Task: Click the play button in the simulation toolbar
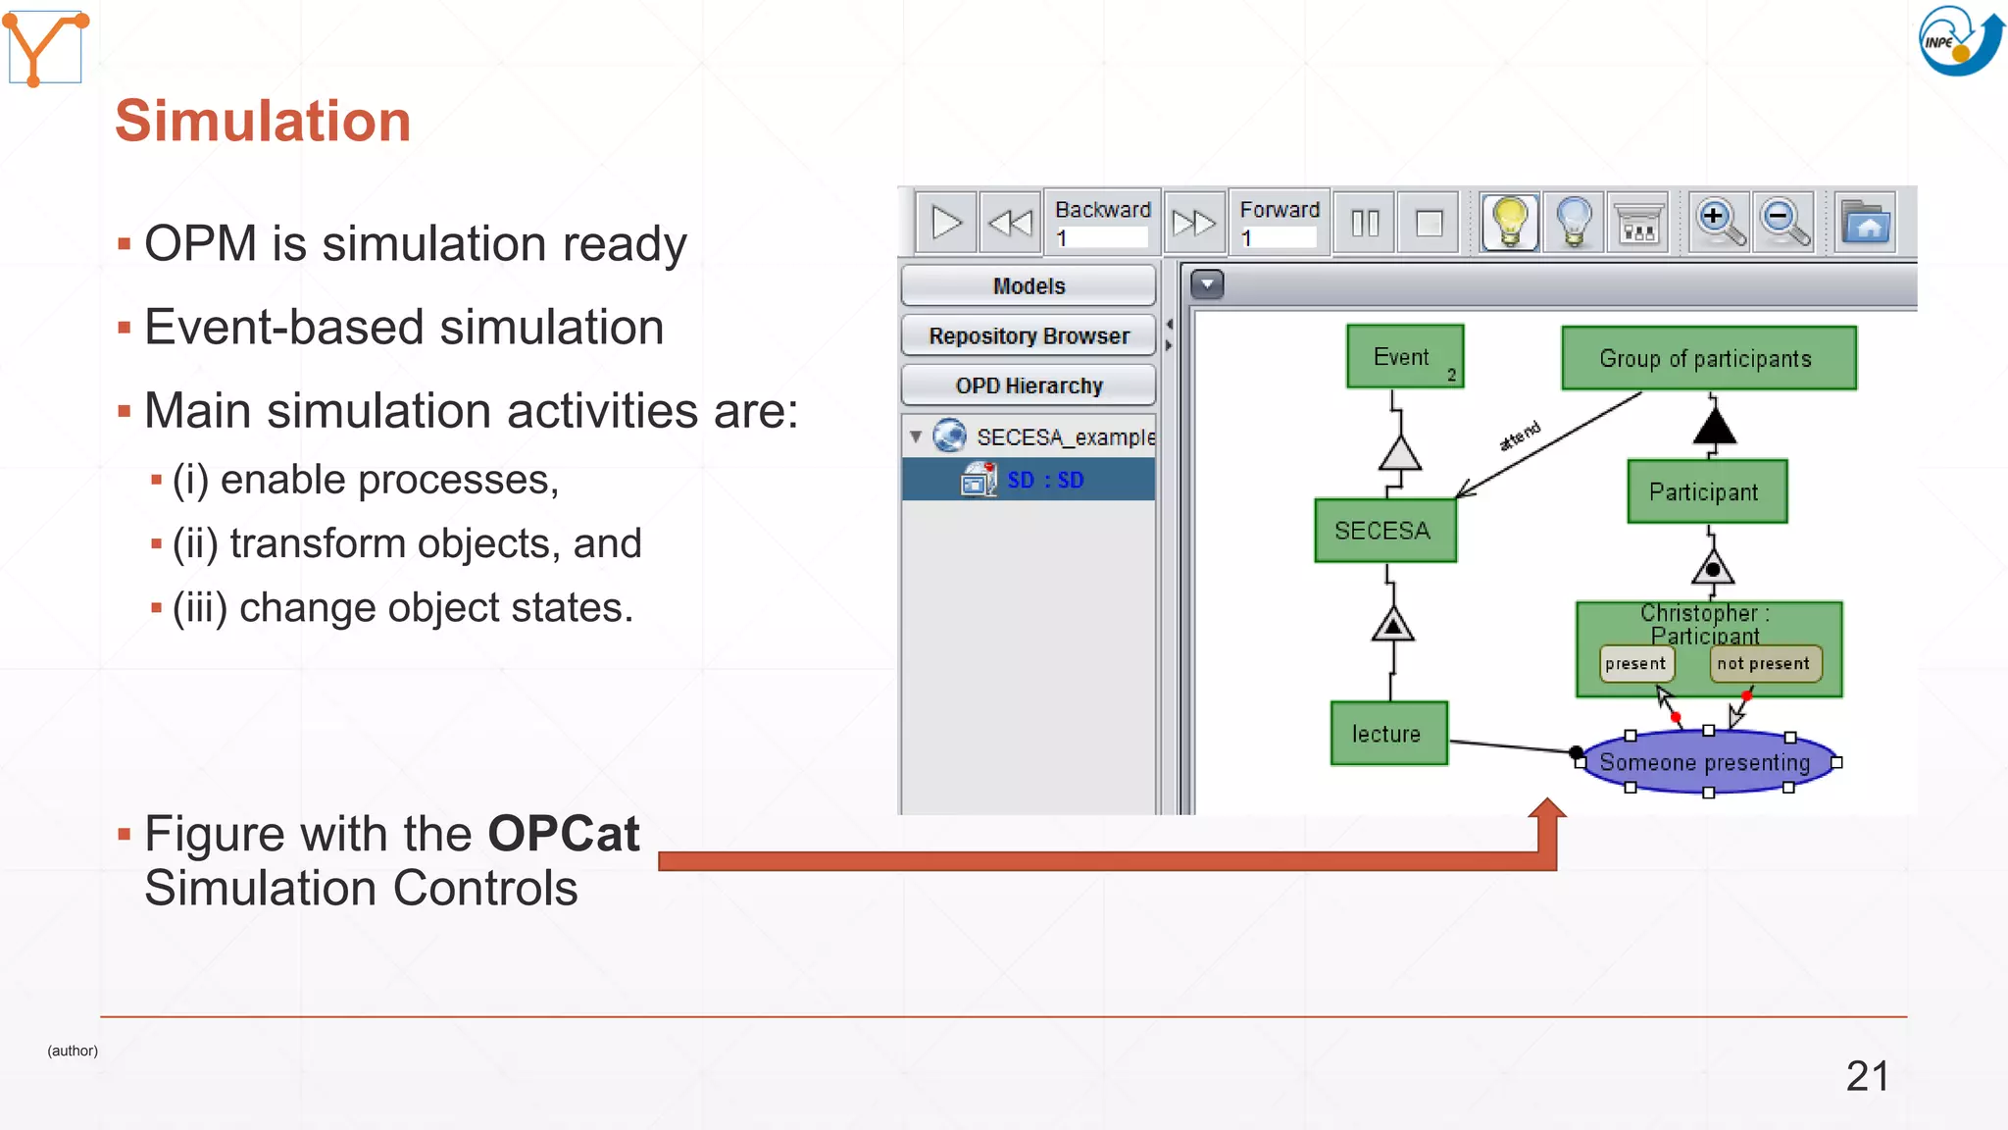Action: pos(946,223)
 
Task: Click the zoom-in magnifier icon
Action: pos(1719,223)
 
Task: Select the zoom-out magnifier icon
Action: pos(1783,223)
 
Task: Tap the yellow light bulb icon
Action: pos(1510,223)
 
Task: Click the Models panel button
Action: pos(1029,286)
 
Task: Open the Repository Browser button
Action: pos(1029,336)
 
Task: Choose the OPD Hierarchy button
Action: pos(1029,386)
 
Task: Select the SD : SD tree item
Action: pos(1044,481)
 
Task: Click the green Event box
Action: pos(1404,357)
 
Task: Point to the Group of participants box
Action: pos(1707,359)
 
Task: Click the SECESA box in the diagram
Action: pos(1383,531)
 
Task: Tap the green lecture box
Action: pos(1387,734)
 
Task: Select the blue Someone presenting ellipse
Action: pos(1706,762)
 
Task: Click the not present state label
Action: pos(1764,664)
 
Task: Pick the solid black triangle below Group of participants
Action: pos(1714,428)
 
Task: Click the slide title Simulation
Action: pos(263,122)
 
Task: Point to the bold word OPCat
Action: pos(563,835)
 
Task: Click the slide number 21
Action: pos(1866,1076)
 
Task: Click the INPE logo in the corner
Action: pos(1959,40)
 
